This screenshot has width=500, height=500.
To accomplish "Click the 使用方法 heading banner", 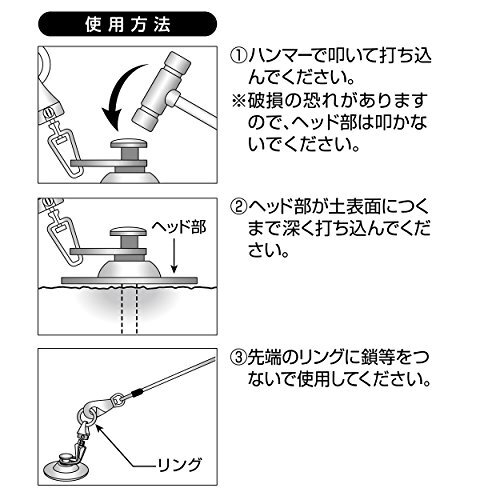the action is (128, 24).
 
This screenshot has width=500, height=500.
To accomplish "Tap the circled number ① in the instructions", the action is (239, 56).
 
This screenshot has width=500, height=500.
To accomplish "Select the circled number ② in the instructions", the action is (239, 207).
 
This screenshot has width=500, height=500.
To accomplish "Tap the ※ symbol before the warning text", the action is (239, 101).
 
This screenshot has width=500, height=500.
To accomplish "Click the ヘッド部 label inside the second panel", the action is (179, 227).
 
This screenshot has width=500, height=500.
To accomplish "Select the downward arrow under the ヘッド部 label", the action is (174, 256).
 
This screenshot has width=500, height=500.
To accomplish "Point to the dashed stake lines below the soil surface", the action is (130, 309).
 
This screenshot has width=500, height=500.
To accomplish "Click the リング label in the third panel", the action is (180, 465).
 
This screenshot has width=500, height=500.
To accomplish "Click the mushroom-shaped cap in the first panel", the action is (129, 144).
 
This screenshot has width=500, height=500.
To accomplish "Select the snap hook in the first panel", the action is (64, 149).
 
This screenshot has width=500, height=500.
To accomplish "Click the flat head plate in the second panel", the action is (129, 280).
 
